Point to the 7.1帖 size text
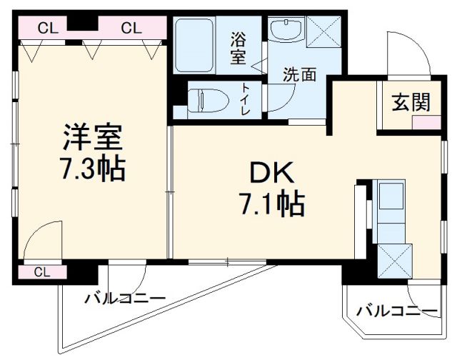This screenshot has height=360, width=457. click(271, 205)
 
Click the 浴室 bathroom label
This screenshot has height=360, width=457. click(238, 49)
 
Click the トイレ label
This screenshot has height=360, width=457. click(244, 99)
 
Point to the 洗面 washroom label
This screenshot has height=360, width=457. click(298, 74)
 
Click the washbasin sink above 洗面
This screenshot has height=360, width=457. click(288, 31)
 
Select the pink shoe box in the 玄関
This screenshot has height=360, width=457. click(425, 121)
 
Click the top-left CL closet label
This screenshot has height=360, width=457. click(47, 28)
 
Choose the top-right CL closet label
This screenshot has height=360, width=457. click(131, 28)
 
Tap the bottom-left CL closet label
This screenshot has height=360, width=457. click(41, 272)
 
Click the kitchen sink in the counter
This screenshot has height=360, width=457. click(390, 203)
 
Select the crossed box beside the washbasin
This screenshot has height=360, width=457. click(323, 31)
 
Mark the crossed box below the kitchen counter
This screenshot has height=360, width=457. click(396, 262)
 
